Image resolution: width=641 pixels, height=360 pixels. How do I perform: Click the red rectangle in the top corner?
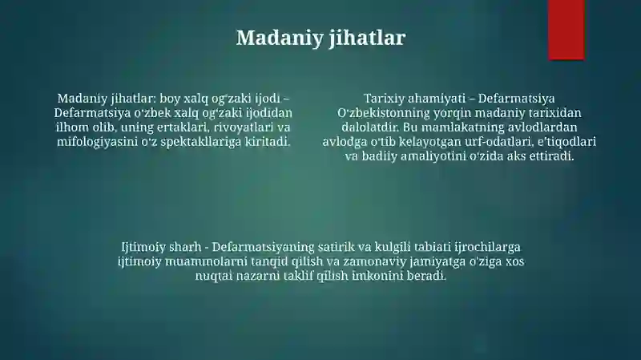(x=566, y=30)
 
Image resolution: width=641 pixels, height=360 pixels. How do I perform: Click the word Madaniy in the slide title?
(x=280, y=38)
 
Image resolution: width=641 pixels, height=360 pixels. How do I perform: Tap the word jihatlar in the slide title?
(x=368, y=38)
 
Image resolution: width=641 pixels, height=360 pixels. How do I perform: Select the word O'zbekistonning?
(x=383, y=113)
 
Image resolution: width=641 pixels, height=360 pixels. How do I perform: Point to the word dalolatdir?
(x=370, y=127)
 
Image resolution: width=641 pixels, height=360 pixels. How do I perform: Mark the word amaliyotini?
(x=433, y=156)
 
